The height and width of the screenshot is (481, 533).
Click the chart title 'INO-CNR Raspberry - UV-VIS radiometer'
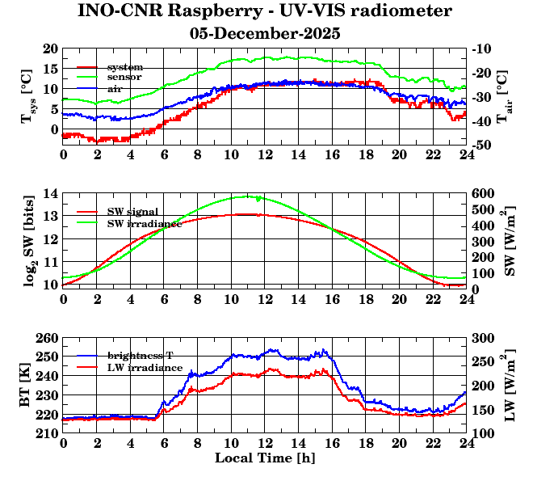click(265, 12)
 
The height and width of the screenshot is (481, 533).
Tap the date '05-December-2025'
click(265, 34)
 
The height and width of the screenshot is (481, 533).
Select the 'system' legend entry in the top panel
click(125, 66)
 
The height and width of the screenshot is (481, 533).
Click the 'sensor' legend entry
click(125, 77)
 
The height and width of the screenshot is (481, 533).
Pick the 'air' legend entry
click(115, 87)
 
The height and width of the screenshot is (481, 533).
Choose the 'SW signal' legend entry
click(134, 212)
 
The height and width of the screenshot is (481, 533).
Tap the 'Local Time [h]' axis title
click(265, 458)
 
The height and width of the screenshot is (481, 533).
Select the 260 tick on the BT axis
click(48, 338)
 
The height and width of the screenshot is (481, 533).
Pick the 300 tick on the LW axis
click(483, 338)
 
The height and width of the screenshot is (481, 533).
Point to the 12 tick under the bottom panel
click(265, 443)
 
